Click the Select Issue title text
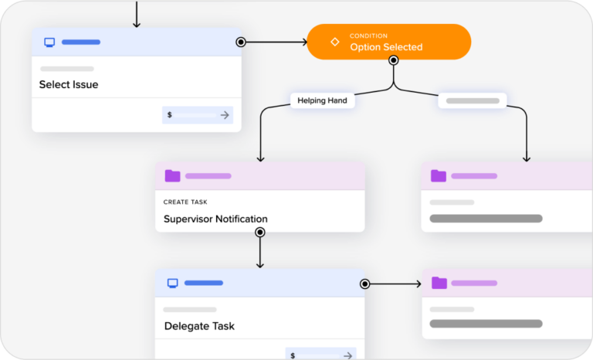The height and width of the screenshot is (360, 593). click(69, 84)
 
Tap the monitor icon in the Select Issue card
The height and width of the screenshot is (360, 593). click(49, 42)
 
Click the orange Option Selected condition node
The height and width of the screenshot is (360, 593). click(388, 42)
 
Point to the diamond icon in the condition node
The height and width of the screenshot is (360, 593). click(335, 42)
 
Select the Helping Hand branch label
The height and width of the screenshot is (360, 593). click(322, 100)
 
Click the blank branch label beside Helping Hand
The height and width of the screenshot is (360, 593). click(473, 100)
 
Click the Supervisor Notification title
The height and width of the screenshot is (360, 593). click(215, 219)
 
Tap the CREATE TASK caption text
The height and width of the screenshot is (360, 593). click(185, 202)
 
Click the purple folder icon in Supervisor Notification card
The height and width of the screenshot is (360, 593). click(172, 176)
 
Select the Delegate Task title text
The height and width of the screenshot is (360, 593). click(199, 326)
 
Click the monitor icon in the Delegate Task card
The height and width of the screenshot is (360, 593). click(173, 283)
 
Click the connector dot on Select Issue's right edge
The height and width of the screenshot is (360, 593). click(241, 42)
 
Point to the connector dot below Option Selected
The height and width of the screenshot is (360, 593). click(394, 59)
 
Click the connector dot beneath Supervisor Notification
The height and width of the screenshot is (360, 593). click(260, 232)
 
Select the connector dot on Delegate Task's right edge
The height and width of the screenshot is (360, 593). click(365, 284)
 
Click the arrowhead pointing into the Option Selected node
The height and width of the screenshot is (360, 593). click(303, 42)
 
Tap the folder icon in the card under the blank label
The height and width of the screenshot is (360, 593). click(439, 176)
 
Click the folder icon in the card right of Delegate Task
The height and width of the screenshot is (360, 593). click(439, 283)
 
